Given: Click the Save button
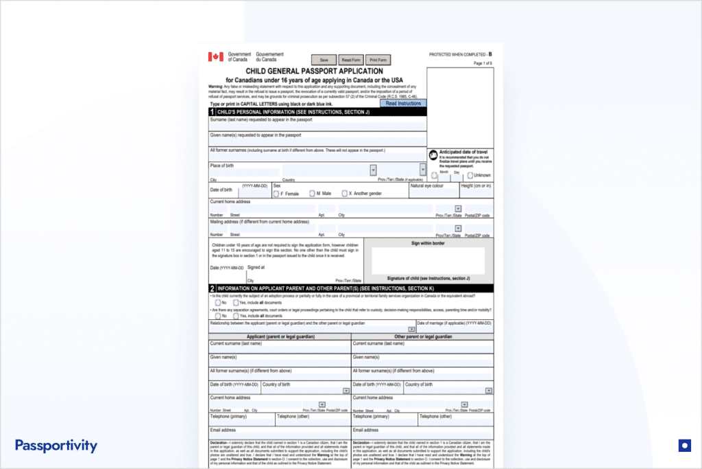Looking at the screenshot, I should click(324, 60).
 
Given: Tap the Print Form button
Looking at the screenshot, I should click(378, 60).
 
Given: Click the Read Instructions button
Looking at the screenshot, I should click(403, 103).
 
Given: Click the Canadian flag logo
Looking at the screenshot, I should click(216, 56).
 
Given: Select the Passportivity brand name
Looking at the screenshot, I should click(56, 446).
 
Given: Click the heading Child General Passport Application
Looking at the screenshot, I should click(314, 71).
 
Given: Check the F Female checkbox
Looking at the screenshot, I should click(276, 194).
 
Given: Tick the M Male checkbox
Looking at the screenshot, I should click(312, 194).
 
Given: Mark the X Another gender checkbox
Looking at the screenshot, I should click(344, 194).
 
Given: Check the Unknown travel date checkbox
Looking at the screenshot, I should click(470, 176).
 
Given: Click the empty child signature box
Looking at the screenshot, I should click(428, 261).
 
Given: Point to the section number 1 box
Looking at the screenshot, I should click(212, 111).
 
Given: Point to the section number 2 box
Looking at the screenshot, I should click(212, 288).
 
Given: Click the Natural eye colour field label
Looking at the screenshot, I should click(427, 185).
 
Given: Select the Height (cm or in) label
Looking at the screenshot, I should click(476, 185).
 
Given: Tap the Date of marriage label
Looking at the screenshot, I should click(454, 323).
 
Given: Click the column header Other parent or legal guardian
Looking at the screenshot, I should click(423, 336).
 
